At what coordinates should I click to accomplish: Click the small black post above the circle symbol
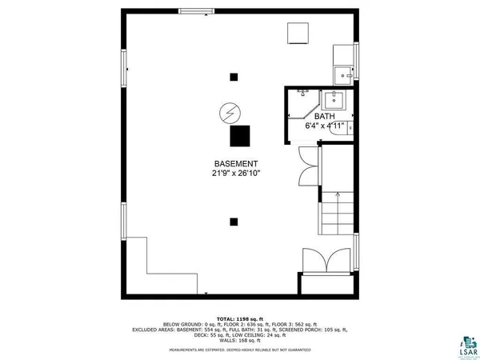pyautogui.click(x=234, y=77)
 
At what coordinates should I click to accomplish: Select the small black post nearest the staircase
pyautogui.click(x=233, y=222)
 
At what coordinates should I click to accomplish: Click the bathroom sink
pyautogui.click(x=333, y=101)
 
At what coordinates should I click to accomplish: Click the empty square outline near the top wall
pyautogui.click(x=298, y=34)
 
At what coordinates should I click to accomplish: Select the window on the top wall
pyautogui.click(x=196, y=11)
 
